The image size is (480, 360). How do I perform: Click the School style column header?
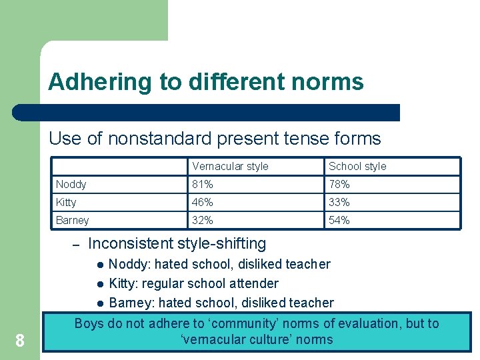[357, 166]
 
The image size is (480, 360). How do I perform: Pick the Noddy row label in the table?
[71, 184]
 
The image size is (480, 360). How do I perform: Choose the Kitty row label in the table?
[66, 202]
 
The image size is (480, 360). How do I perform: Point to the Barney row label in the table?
[73, 220]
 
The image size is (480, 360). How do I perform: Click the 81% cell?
[203, 184]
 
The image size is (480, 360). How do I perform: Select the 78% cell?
[339, 184]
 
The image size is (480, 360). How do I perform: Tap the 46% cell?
[203, 202]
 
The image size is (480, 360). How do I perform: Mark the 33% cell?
[339, 202]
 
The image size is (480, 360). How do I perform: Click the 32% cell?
[203, 220]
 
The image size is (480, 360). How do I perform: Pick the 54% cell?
[339, 220]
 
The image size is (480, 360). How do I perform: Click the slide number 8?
[20, 341]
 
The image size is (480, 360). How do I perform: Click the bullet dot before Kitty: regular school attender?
[99, 284]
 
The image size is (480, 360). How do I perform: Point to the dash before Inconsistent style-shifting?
[77, 245]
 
